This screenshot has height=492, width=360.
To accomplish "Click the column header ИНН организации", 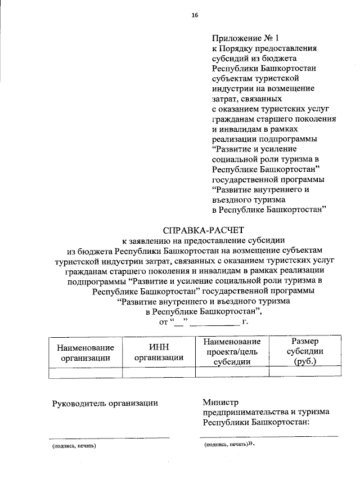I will [x=159, y=352].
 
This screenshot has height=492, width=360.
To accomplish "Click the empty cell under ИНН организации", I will [x=159, y=372].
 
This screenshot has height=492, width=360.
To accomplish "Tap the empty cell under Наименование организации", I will [x=85, y=372].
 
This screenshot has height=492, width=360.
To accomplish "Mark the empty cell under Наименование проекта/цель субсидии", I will [x=232, y=372].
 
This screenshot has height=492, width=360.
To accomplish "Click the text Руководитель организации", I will [x=105, y=402].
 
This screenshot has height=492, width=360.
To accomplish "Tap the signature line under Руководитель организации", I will [x=109, y=437].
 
